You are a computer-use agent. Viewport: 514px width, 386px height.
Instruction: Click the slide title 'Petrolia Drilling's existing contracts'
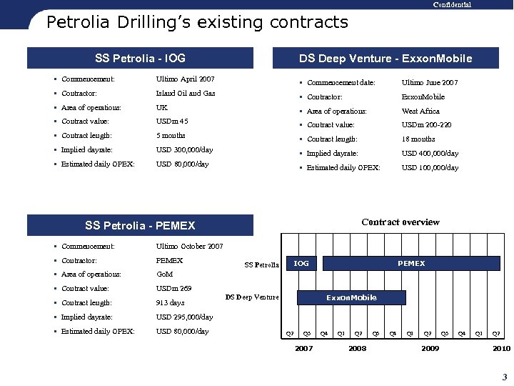[x=196, y=23]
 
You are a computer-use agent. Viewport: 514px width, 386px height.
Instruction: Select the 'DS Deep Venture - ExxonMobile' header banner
[x=385, y=58]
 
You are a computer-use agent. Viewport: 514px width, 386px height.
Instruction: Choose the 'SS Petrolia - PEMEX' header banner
[x=140, y=226]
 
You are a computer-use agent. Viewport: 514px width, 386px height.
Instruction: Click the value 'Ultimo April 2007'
[x=186, y=79]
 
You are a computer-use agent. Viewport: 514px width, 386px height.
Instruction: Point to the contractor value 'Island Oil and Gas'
[x=186, y=93]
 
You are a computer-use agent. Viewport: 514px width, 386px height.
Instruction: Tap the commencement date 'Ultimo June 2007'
[x=430, y=83]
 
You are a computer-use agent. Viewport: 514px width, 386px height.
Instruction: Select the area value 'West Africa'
[x=420, y=112]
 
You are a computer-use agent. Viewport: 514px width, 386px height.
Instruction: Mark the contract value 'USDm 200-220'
[x=426, y=125]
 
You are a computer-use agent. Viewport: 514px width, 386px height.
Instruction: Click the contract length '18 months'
[x=418, y=139]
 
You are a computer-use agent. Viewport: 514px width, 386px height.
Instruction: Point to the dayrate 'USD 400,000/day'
[x=430, y=154]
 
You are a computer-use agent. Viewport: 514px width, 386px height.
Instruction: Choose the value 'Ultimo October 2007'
[x=190, y=247]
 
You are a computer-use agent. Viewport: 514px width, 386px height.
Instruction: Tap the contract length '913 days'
[x=170, y=303]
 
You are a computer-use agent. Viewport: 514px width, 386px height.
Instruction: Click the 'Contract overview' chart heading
[x=400, y=222]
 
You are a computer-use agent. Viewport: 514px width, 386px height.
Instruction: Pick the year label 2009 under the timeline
[x=430, y=348]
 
